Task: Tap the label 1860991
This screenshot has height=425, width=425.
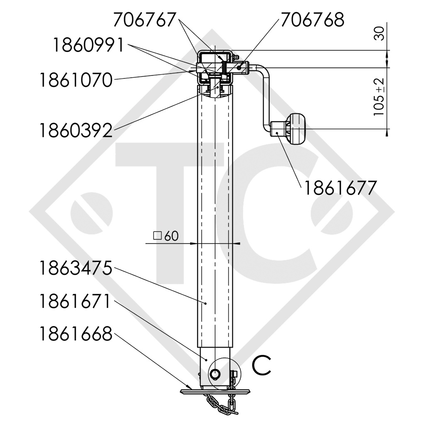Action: [88, 45]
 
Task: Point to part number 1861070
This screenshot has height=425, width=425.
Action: [76, 80]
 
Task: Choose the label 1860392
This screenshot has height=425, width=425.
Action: [76, 130]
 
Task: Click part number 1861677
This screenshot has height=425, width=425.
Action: [340, 188]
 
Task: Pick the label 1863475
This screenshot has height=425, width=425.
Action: [76, 268]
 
